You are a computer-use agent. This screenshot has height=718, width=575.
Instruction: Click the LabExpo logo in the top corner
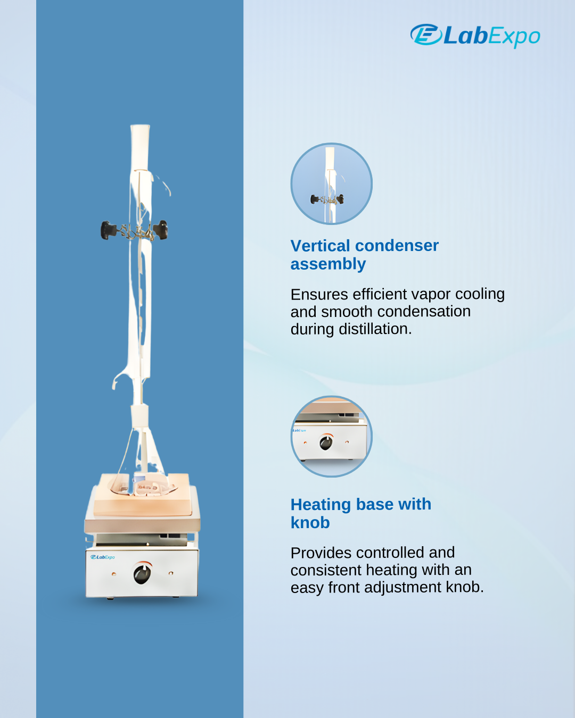[x=475, y=35]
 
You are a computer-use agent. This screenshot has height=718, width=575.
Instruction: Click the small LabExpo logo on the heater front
[x=103, y=557]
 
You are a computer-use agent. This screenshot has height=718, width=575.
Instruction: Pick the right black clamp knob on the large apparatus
[x=161, y=230]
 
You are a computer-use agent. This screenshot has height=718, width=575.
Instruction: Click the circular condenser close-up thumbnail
[x=332, y=184]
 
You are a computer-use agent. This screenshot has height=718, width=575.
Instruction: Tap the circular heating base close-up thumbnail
[x=332, y=437]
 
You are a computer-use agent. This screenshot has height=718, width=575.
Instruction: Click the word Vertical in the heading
[x=320, y=246]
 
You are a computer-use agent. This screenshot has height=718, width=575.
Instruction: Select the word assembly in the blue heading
[x=328, y=264]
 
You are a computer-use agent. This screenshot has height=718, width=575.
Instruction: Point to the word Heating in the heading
[x=321, y=505]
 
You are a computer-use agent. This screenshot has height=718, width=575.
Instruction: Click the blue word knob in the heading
[x=310, y=523]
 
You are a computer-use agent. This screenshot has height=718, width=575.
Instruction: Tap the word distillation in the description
[x=375, y=329]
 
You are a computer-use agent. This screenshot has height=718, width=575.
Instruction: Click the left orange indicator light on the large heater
[x=114, y=574]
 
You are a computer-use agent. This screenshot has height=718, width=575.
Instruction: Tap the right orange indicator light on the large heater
[x=171, y=573]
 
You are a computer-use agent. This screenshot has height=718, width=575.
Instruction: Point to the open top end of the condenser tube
[x=140, y=127]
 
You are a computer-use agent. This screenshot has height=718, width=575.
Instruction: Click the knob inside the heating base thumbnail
[x=326, y=443]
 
